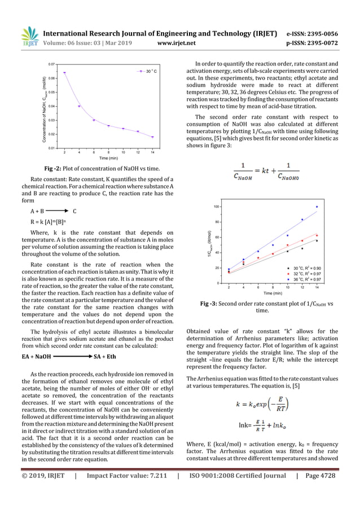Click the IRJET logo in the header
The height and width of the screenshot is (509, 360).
[28, 35]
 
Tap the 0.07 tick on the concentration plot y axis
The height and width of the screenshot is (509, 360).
[51, 65]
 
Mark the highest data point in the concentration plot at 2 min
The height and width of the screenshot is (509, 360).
[64, 73]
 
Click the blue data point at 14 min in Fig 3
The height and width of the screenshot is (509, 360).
[317, 207]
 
